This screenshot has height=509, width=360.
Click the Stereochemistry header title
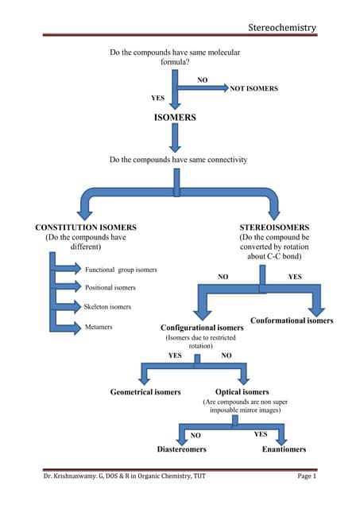(282, 28)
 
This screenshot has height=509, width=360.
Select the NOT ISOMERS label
(254, 89)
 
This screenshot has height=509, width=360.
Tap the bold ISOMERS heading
(175, 117)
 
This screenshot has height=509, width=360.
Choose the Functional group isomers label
(121, 270)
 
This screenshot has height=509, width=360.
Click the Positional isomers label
(110, 287)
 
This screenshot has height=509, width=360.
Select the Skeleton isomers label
(109, 306)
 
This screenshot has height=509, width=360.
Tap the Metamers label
(100, 326)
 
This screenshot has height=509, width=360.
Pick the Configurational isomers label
(202, 328)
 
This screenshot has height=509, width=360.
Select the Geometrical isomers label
(145, 392)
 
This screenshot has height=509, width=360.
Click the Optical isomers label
(242, 392)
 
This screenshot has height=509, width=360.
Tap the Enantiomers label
(284, 449)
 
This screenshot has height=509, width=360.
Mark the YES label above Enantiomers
(260, 434)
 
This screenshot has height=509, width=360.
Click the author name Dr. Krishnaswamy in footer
(75, 498)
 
